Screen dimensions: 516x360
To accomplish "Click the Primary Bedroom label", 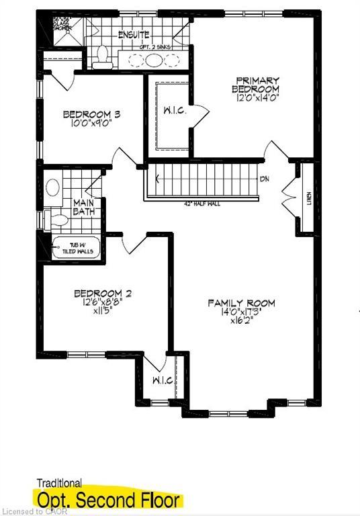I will [x=255, y=85].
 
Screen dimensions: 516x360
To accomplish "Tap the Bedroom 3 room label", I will [x=91, y=115].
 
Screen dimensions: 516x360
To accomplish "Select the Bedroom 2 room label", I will [x=102, y=294].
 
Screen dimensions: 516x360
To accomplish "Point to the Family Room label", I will [x=241, y=303].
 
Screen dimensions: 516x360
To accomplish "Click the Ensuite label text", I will [x=134, y=34].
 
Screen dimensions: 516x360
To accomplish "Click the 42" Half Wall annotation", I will [x=201, y=204].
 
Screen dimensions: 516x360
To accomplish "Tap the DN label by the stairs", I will [x=265, y=179].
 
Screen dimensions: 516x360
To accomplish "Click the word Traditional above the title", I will [x=58, y=482].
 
